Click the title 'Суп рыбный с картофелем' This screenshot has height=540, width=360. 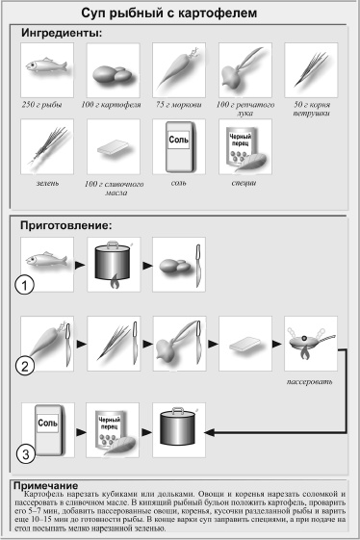pyautogui.click(x=180, y=13)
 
